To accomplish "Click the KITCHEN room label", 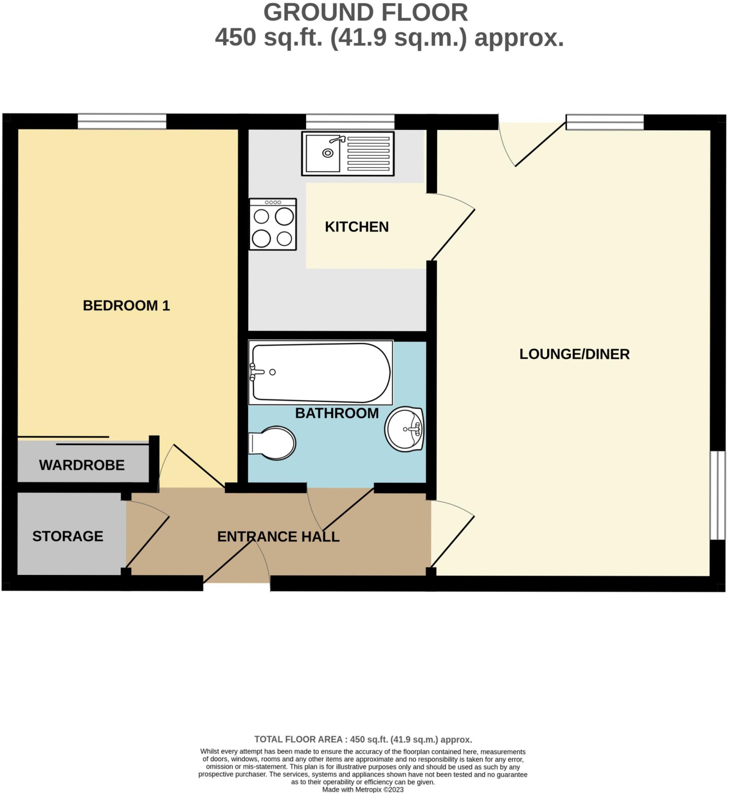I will click(x=357, y=227).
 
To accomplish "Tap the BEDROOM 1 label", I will click(x=126, y=305).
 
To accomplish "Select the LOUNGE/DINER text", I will click(x=574, y=354).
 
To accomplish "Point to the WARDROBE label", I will click(x=82, y=465).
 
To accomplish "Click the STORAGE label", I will click(x=68, y=536).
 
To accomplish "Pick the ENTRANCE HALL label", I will click(x=278, y=536).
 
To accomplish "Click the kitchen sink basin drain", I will click(x=328, y=153).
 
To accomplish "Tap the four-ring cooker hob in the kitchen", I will click(x=273, y=224).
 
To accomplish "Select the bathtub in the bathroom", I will click(x=320, y=372).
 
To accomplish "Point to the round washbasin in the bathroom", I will click(x=405, y=429).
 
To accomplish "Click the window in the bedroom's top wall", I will click(x=122, y=121).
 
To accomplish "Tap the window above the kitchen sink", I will click(x=350, y=121).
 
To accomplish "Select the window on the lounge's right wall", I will click(x=717, y=495).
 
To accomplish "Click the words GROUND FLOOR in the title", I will click(x=365, y=13).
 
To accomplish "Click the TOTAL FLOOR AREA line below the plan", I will click(x=363, y=739).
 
